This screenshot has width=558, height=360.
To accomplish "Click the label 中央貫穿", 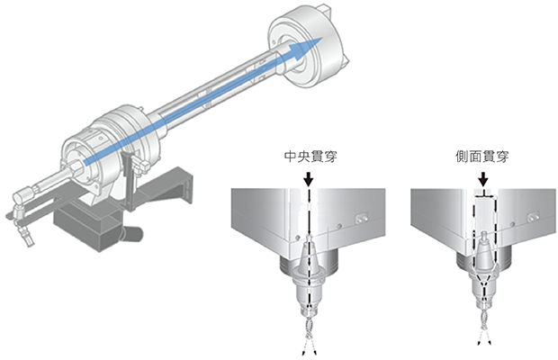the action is [x=310, y=157].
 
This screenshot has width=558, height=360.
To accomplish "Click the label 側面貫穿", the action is [x=482, y=157].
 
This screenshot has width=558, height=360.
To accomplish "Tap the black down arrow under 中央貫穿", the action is [x=309, y=179].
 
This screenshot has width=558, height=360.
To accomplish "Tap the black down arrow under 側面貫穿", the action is [x=483, y=179].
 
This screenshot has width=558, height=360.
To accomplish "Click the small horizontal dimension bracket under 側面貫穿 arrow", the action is [x=483, y=195].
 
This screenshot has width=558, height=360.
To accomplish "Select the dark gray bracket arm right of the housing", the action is [x=167, y=187].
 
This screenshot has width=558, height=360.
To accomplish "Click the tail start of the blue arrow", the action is [x=85, y=162].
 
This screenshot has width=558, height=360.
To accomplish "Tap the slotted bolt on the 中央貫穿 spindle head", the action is [x=361, y=220].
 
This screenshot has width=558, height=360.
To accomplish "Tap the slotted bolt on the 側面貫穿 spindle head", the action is [x=533, y=217].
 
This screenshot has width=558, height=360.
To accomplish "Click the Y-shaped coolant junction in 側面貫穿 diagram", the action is [x=483, y=281].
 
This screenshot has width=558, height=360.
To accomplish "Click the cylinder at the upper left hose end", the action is [x=22, y=195].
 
